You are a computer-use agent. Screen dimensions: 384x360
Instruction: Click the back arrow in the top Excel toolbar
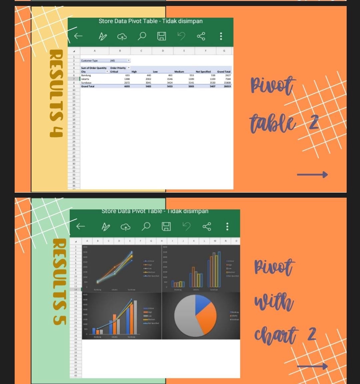point(78,36)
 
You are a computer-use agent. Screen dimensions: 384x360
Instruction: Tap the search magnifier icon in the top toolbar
point(142,36)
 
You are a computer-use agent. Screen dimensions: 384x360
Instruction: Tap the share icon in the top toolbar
point(201,36)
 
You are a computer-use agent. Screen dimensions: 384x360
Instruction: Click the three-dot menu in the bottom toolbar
point(227,226)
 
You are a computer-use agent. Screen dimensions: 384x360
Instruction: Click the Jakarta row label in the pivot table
point(86,79)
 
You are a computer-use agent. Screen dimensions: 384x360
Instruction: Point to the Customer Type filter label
point(89,60)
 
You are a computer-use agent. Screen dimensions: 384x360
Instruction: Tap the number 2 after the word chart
point(311,334)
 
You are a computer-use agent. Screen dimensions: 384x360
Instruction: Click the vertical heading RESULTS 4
point(56,94)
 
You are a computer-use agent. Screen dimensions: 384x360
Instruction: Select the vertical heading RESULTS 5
point(59,282)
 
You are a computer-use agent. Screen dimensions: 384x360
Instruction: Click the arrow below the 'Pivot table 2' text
point(312,174)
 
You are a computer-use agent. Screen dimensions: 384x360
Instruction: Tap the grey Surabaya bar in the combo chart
point(135,317)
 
